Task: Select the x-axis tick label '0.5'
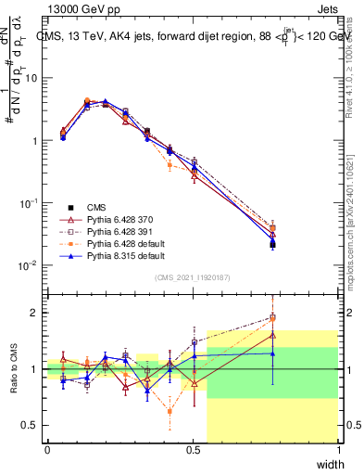point(193,450)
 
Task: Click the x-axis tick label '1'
point(339,450)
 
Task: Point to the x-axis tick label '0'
point(47,450)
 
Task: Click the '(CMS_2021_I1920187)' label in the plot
point(193,277)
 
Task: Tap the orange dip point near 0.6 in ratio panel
point(169,410)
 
